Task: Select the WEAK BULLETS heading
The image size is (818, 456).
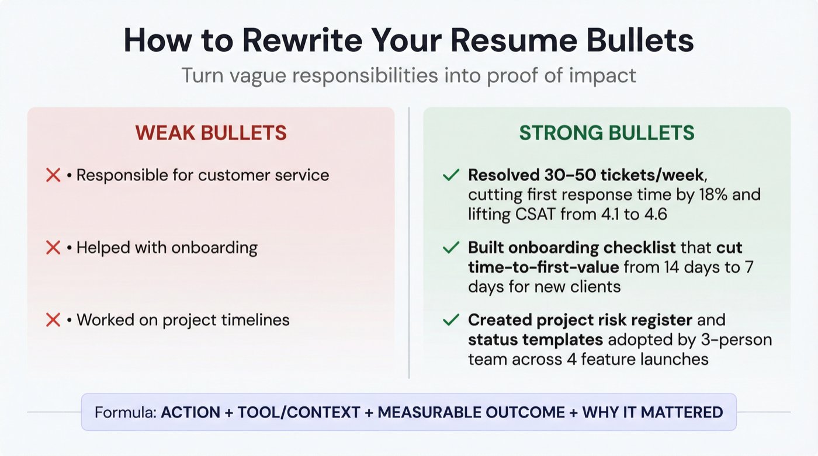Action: point(211,133)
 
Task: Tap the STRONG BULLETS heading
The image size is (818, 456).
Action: point(607,133)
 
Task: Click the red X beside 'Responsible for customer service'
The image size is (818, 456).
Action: point(53,175)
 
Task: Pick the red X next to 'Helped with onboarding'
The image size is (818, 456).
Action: point(53,248)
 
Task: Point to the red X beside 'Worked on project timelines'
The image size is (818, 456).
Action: point(53,320)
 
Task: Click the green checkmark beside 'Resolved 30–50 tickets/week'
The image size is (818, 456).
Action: point(450,175)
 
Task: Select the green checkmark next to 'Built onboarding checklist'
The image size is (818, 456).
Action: point(450,248)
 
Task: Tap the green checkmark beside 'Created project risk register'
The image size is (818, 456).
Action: point(450,320)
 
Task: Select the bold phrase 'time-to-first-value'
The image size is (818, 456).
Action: point(543,267)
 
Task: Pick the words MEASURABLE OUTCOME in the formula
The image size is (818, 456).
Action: point(472,412)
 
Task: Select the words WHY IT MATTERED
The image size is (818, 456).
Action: point(652,412)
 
